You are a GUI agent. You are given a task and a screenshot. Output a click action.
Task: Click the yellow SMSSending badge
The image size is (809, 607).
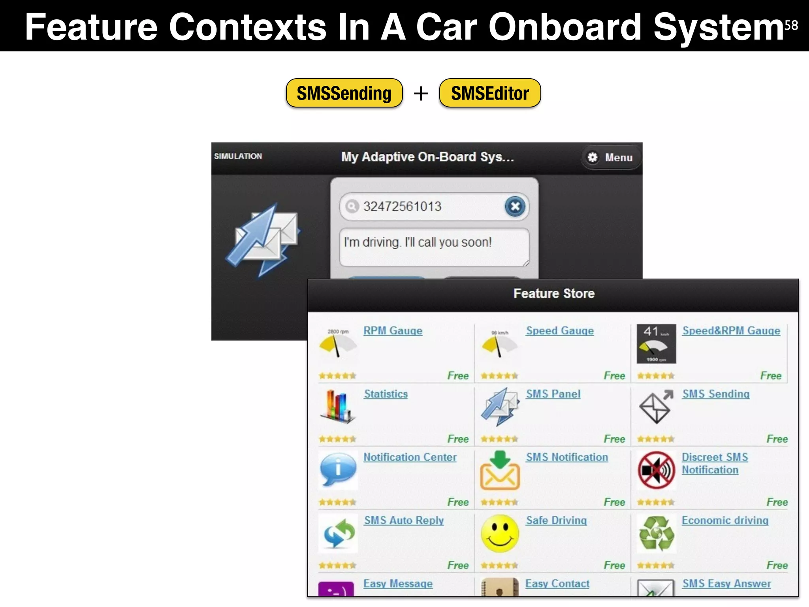(x=344, y=93)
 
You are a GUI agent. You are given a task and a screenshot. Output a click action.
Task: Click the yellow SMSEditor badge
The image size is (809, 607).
(x=490, y=93)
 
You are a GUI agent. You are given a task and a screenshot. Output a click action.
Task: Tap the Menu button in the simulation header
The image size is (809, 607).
(x=611, y=157)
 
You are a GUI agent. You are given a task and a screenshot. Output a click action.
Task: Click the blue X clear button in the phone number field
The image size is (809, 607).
(x=515, y=206)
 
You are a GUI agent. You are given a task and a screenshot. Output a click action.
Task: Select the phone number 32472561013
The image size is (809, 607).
(x=402, y=206)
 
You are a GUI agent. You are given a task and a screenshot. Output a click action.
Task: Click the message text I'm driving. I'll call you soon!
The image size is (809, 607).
(x=418, y=242)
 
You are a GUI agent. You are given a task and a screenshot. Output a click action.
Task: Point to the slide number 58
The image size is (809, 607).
(x=791, y=25)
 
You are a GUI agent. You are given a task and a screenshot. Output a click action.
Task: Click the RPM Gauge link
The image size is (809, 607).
(x=393, y=331)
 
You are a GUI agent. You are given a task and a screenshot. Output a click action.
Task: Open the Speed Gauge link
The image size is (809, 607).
(x=560, y=331)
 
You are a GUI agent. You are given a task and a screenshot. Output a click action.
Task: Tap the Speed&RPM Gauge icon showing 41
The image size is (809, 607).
(x=656, y=344)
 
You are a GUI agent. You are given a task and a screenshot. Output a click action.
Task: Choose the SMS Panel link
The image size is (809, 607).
(x=553, y=394)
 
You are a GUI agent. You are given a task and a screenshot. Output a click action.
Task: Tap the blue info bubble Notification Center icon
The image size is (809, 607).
(x=338, y=469)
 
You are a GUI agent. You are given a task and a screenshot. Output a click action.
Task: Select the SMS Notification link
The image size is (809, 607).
(x=567, y=457)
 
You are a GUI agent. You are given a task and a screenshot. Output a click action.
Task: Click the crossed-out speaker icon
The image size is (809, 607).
(x=656, y=470)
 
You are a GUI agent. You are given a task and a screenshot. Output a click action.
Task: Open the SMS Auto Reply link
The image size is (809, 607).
(x=404, y=520)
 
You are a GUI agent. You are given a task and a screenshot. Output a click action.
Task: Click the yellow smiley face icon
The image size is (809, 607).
(x=500, y=533)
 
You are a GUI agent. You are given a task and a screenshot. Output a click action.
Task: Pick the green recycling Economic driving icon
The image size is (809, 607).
(x=656, y=533)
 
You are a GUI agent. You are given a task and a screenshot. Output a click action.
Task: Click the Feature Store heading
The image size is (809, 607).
(x=554, y=294)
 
